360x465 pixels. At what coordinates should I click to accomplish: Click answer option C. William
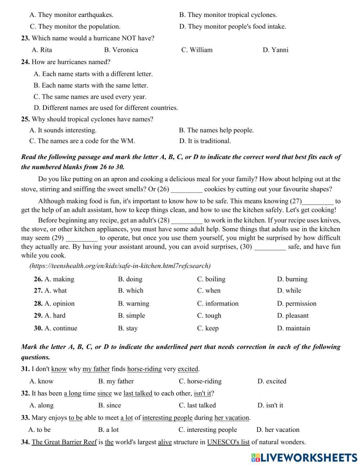(x=197, y=50)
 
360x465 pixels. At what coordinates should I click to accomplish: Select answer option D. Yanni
(x=275, y=50)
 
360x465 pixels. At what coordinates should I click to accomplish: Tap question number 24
(x=25, y=62)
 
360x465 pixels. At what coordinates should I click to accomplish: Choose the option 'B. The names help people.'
(x=216, y=130)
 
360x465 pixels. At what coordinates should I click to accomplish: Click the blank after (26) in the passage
(x=186, y=189)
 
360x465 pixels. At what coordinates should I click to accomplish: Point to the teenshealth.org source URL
(x=120, y=266)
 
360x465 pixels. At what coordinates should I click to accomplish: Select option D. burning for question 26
(x=292, y=279)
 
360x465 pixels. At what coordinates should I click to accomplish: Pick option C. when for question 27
(x=209, y=291)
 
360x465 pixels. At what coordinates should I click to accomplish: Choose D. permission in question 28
(x=297, y=304)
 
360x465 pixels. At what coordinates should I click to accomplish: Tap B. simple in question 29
(x=131, y=316)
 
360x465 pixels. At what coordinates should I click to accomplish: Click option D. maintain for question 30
(x=293, y=328)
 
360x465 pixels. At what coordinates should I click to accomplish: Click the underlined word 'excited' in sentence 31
(x=188, y=369)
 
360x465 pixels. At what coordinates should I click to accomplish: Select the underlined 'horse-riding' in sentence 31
(x=144, y=369)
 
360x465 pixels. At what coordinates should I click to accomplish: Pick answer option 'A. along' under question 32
(x=41, y=406)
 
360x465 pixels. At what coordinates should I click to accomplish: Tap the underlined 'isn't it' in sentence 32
(x=202, y=393)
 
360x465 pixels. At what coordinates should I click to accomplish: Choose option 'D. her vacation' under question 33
(x=278, y=430)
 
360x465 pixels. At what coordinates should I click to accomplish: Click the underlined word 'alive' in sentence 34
(x=165, y=442)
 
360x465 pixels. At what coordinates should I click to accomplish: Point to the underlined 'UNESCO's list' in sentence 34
(x=228, y=442)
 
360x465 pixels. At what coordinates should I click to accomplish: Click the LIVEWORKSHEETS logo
(x=304, y=457)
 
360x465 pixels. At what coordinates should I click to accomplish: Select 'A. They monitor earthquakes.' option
(x=71, y=15)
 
